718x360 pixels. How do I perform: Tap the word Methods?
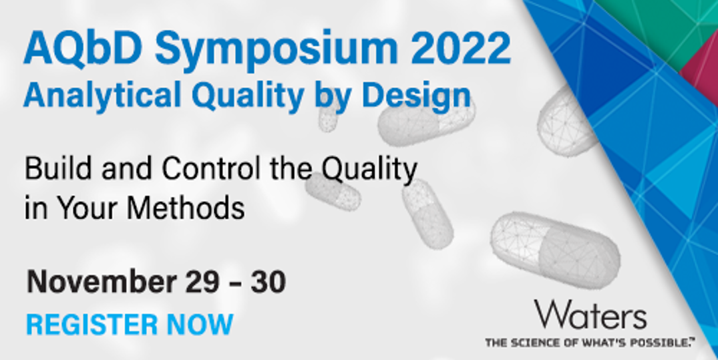click(186, 208)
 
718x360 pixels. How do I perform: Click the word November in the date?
click(102, 281)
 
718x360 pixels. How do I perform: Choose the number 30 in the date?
click(267, 281)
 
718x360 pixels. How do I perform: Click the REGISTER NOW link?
click(130, 325)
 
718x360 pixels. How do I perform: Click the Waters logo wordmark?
click(590, 314)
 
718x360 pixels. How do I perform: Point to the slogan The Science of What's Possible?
click(590, 342)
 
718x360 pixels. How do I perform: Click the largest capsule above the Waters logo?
click(555, 250)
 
